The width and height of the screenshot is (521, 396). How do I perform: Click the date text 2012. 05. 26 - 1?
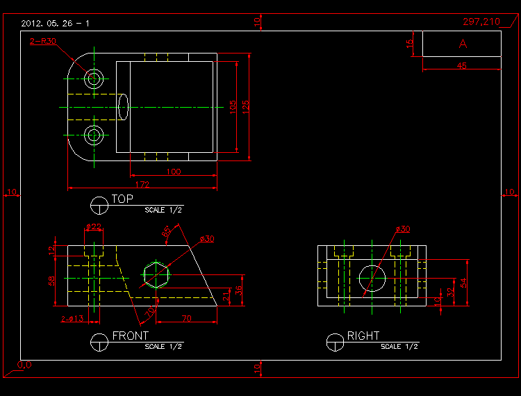[x=55, y=23]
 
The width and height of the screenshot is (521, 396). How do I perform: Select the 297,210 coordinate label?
[x=481, y=22]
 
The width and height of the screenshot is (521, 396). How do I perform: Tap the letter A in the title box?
[x=463, y=43]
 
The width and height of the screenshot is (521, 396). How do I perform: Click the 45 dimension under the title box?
[x=462, y=66]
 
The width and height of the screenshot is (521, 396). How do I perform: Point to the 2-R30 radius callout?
[x=43, y=42]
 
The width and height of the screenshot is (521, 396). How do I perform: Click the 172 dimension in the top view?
[x=142, y=184]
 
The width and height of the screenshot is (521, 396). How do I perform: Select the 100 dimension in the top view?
[x=173, y=172]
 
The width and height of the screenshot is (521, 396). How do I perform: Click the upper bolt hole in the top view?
[x=94, y=78]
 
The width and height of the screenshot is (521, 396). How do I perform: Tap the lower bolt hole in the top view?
[x=94, y=135]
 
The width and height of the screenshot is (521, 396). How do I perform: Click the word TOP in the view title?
[x=122, y=199]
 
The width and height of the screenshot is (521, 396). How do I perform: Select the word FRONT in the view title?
[x=130, y=336]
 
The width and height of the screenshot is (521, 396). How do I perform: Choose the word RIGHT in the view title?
[x=363, y=336]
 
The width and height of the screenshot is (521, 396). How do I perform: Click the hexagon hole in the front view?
[x=156, y=274]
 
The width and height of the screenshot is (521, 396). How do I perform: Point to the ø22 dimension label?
[x=94, y=227]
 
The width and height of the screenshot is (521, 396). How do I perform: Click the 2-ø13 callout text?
[x=72, y=319]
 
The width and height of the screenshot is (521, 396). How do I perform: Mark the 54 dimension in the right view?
[x=465, y=282]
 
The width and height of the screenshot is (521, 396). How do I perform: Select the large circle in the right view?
[x=372, y=276]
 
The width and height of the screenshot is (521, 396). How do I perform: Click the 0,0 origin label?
[x=24, y=364]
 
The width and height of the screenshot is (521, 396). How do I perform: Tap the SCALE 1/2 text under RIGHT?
[x=399, y=346]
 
